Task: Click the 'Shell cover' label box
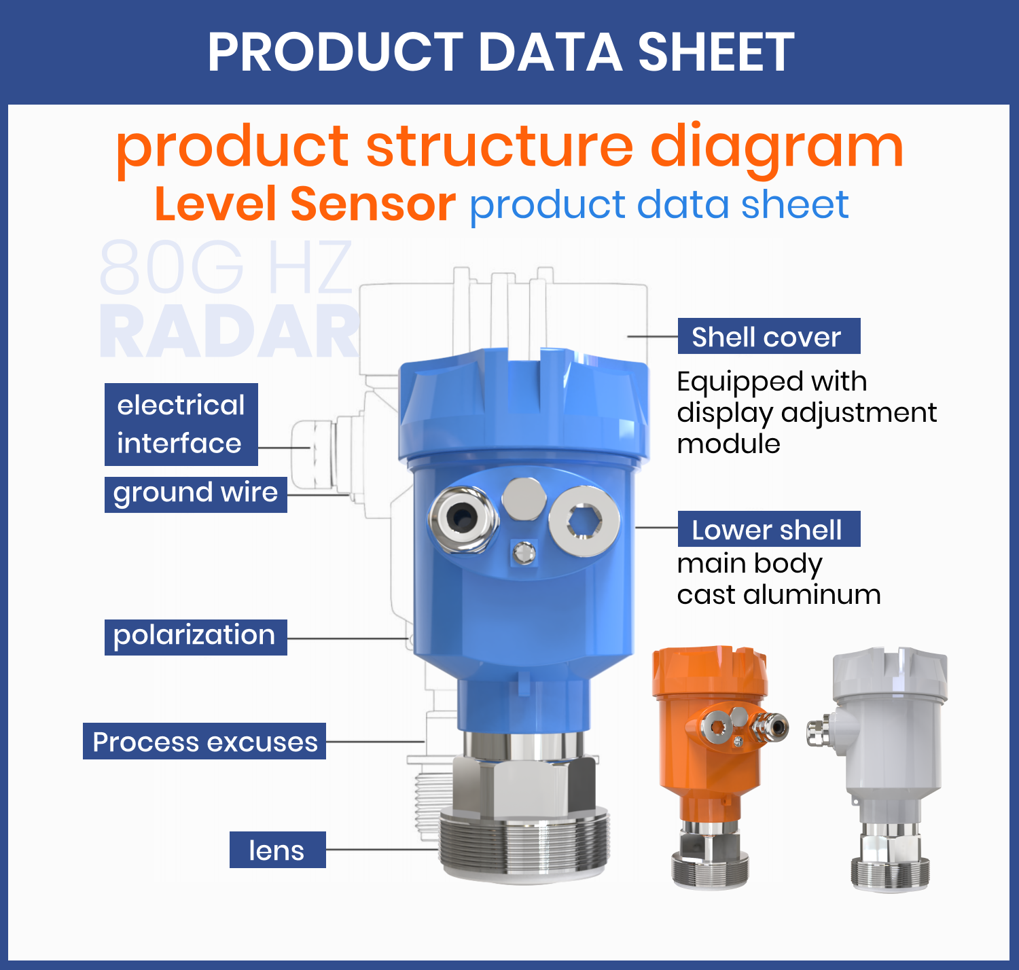tap(768, 336)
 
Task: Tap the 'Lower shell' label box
tap(768, 529)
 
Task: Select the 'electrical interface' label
tap(181, 425)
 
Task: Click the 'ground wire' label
tap(196, 494)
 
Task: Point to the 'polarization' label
tap(196, 636)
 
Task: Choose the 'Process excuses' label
tap(204, 741)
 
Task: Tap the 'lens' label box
tap(277, 850)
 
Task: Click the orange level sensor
tap(713, 754)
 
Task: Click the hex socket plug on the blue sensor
tap(584, 522)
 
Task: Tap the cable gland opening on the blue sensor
tap(462, 520)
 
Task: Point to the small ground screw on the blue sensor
tap(524, 553)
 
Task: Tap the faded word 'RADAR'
tap(230, 332)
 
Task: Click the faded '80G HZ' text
tap(226, 267)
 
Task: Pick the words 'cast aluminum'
tap(779, 594)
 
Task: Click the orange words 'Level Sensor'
tap(305, 204)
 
